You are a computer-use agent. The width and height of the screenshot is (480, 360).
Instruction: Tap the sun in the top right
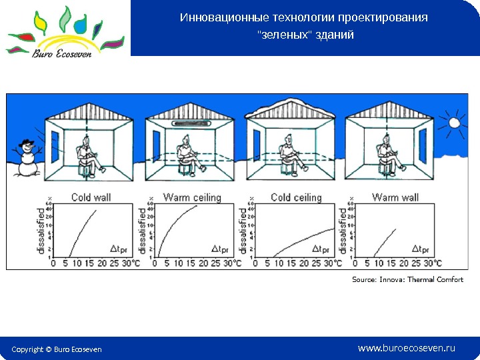tap(455, 123)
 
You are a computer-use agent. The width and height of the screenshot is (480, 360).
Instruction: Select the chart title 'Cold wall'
tap(91, 197)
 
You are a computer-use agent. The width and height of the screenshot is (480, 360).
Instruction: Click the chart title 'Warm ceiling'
tap(192, 197)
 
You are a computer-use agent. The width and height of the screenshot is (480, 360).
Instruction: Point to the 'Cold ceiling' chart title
tap(296, 197)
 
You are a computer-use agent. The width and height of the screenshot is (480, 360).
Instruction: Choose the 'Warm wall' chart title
tap(395, 197)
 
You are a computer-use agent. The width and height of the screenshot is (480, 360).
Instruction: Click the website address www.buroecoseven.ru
tap(406, 348)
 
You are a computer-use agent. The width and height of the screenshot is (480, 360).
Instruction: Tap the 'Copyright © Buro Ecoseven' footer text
tap(57, 349)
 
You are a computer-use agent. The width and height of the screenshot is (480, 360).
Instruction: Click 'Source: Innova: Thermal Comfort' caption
tap(407, 279)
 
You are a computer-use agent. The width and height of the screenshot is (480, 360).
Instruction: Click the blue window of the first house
tap(55, 144)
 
